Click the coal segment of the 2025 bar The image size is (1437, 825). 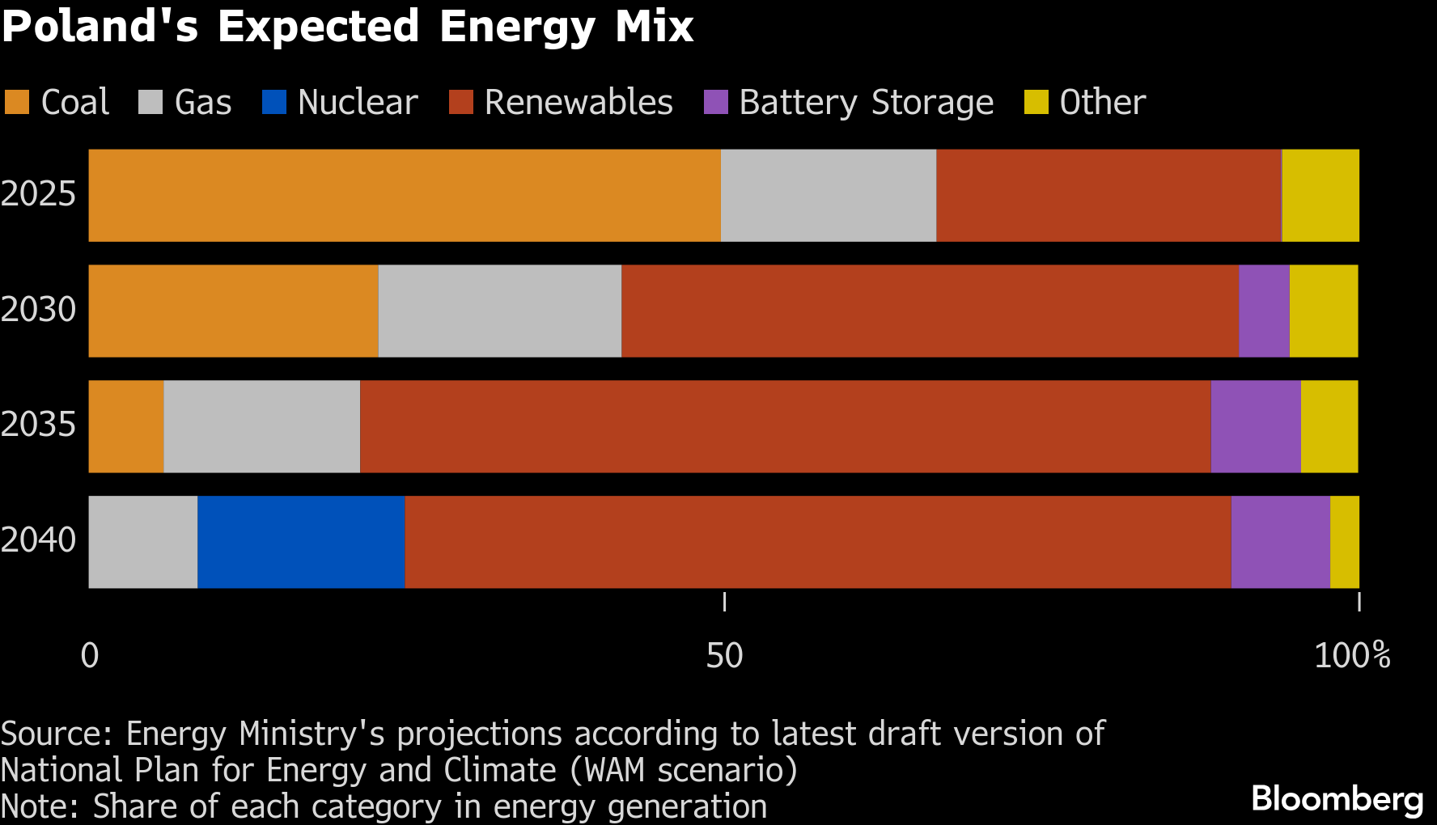click(405, 195)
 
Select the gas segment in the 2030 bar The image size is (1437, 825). click(500, 311)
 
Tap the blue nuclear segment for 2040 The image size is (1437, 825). click(301, 542)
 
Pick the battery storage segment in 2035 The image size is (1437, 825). click(1256, 426)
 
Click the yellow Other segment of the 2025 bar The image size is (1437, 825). click(1320, 195)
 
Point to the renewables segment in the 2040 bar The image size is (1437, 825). click(817, 542)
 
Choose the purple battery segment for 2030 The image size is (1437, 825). click(1264, 311)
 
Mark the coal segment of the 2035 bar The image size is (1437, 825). click(126, 426)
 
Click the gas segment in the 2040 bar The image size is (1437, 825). click(143, 542)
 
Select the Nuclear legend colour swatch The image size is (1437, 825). click(274, 103)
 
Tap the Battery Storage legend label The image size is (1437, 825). click(866, 103)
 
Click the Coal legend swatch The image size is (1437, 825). click(17, 103)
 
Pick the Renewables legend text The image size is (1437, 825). click(579, 103)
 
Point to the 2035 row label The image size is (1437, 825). click(38, 425)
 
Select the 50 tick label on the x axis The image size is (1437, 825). click(724, 655)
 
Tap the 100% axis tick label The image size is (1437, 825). click(1352, 655)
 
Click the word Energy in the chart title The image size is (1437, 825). click(517, 27)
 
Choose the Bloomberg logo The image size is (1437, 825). click(1337, 799)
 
